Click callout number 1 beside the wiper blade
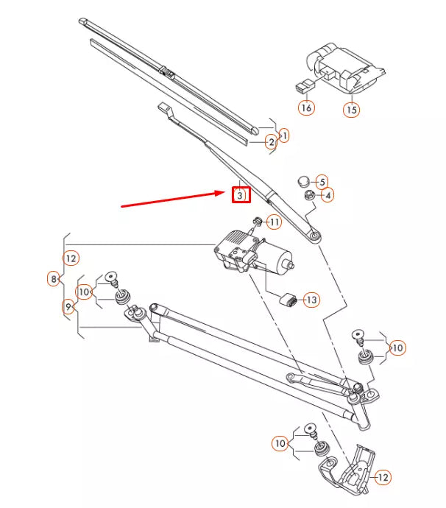tap(284, 135)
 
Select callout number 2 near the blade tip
tap(271, 141)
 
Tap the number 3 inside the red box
tap(240, 195)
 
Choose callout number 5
tap(322, 181)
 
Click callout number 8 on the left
tap(53, 279)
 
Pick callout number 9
tap(68, 307)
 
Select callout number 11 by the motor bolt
tap(274, 222)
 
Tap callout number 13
tap(311, 300)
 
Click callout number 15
tap(351, 110)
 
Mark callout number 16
tap(306, 107)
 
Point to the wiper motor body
tap(243, 250)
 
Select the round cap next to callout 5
tap(302, 180)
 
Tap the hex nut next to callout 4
tap(310, 195)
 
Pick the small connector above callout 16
tap(302, 85)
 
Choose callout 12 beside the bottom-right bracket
tap(382, 478)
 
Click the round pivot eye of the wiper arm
tap(315, 236)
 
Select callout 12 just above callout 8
tap(71, 258)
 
